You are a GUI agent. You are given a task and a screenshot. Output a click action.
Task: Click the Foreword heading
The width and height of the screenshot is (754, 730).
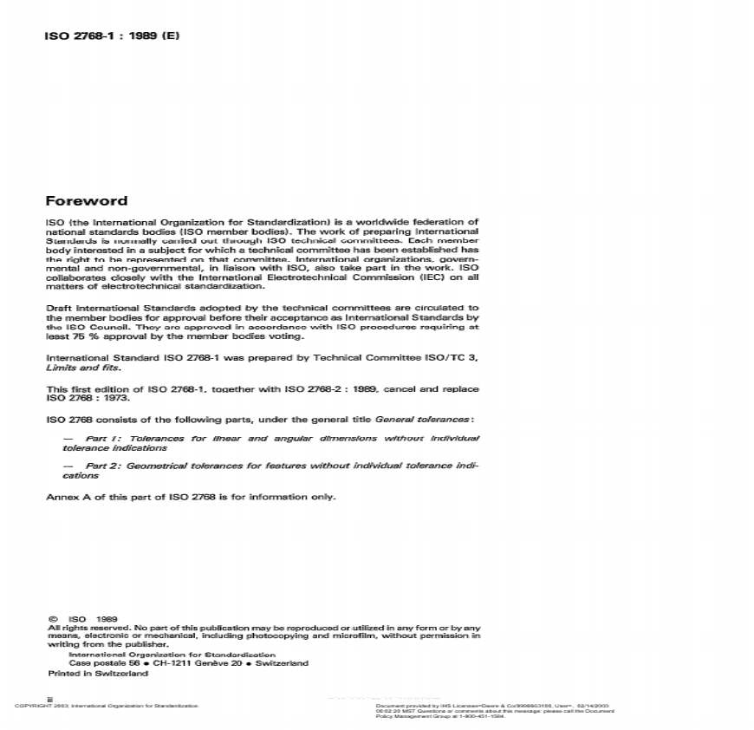(x=86, y=201)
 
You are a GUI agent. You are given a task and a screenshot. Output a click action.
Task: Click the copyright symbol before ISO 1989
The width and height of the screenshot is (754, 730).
(x=53, y=618)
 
